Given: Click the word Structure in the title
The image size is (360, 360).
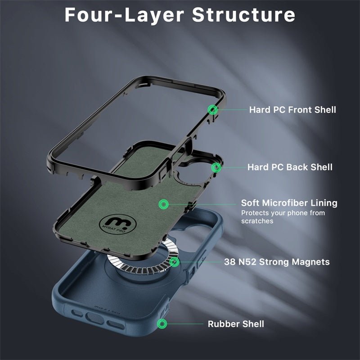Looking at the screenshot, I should pos(244,15).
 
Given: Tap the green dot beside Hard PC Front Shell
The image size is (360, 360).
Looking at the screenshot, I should pos(213,109).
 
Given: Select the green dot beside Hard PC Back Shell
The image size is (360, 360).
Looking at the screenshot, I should pos(216,168).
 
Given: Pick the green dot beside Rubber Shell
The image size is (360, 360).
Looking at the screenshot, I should pos(162,324).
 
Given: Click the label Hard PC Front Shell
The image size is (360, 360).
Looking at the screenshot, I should pos(292,109).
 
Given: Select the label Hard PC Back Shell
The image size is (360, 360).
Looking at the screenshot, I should pos(290,167).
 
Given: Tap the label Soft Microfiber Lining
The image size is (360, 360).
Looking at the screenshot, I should pos(289,203).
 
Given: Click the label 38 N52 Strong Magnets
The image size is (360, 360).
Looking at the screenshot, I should pos(277,262).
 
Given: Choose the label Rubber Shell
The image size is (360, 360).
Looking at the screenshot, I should pos(236,324).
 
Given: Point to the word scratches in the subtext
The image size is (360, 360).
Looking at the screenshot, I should pos(257,221).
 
